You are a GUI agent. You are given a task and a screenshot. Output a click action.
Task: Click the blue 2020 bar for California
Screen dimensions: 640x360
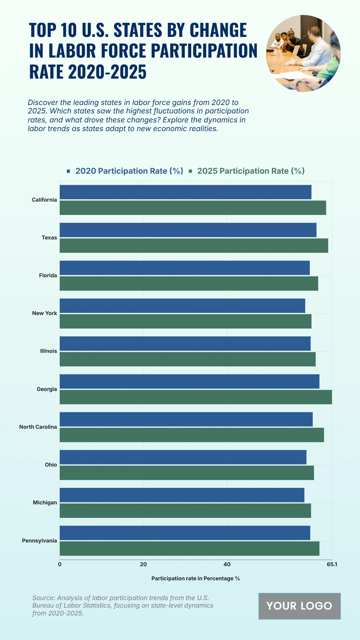click(185, 192)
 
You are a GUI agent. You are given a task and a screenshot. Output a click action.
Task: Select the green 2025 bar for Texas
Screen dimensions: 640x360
click(194, 245)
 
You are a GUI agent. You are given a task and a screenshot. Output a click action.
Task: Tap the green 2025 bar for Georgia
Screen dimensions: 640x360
click(196, 397)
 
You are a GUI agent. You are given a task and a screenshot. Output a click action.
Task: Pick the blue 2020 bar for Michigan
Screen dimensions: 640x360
click(182, 495)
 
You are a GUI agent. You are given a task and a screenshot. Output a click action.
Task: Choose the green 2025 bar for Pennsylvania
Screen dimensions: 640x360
click(189, 548)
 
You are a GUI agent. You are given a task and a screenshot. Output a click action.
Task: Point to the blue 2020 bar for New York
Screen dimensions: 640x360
click(182, 306)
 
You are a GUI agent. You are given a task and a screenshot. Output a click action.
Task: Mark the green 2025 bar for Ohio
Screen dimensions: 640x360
click(187, 473)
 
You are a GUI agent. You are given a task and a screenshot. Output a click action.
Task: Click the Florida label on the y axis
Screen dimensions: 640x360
click(48, 275)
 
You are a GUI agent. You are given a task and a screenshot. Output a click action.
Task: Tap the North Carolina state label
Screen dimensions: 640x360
click(38, 427)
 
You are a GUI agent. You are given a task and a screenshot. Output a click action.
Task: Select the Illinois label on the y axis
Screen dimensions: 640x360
click(48, 351)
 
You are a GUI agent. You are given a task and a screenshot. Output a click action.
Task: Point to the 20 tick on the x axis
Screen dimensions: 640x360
click(143, 564)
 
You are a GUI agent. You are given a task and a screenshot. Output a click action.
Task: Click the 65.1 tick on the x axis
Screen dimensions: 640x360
click(332, 564)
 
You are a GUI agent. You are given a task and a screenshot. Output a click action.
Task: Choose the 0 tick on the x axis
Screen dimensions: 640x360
click(60, 564)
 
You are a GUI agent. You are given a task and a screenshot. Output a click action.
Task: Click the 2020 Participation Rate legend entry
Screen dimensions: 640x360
click(129, 171)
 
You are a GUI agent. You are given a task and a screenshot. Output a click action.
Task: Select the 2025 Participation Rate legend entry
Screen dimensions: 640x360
click(251, 171)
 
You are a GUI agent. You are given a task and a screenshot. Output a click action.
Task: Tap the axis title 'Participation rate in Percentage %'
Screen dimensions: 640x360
click(196, 578)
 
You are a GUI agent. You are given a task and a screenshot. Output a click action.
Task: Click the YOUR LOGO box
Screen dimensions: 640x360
click(299, 606)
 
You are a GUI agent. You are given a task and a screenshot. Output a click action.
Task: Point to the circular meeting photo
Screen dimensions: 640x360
click(303, 53)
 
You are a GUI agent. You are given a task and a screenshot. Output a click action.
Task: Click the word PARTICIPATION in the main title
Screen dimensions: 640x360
click(204, 51)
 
